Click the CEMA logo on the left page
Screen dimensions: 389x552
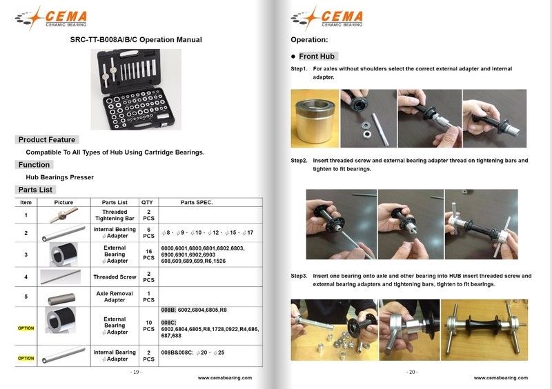click(x=59, y=17)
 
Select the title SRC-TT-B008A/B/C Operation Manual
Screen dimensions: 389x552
click(x=136, y=39)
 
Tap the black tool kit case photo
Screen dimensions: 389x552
click(x=136, y=89)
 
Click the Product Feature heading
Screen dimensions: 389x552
click(x=47, y=139)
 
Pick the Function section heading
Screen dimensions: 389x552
click(x=34, y=165)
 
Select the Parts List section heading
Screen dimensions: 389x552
click(x=37, y=190)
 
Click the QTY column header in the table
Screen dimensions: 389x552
click(x=147, y=203)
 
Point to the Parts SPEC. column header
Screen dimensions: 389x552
click(x=197, y=203)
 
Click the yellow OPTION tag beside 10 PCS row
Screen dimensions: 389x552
click(x=26, y=328)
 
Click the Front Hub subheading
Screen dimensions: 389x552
click(x=317, y=56)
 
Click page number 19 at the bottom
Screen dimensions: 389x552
click(x=136, y=372)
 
